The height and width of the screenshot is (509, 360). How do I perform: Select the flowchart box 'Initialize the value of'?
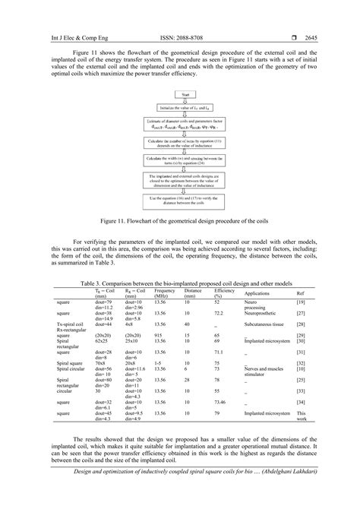(181, 107)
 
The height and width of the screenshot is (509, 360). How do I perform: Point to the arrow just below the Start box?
(181, 100)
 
